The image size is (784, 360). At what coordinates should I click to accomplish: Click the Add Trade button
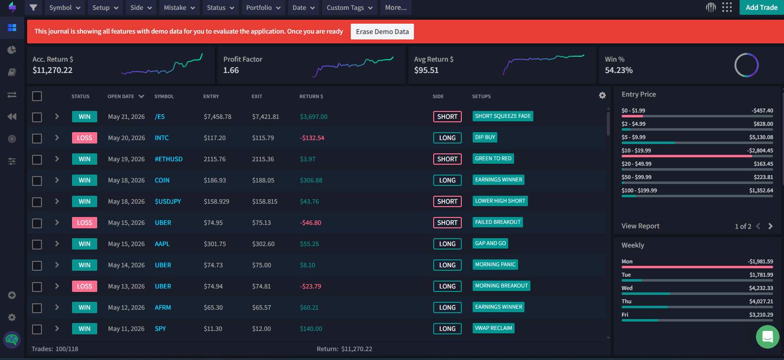point(761,7)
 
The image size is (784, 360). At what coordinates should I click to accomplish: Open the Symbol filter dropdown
point(65,7)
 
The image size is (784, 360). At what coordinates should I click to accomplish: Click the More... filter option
point(396,7)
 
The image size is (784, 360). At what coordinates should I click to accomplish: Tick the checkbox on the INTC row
point(37,138)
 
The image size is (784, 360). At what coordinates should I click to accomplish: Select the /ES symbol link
point(159,116)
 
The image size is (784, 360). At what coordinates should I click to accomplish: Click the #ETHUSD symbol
point(169,159)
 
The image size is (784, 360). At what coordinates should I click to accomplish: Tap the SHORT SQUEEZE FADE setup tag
point(503,116)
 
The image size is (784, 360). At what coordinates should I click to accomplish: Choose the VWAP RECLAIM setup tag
point(493,328)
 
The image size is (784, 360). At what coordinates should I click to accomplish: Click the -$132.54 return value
point(312,138)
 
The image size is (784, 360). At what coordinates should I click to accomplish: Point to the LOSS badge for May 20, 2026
point(84,138)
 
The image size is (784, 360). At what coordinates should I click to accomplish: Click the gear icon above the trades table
point(602,95)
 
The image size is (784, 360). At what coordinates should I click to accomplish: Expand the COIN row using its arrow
point(57,180)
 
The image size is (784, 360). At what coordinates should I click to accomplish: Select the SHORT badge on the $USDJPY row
point(448,201)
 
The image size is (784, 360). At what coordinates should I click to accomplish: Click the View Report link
point(640,226)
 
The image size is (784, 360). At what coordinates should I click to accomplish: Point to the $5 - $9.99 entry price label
point(633,137)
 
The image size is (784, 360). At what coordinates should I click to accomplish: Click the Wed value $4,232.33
point(761,288)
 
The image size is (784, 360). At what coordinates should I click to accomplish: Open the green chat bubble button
point(768,336)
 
